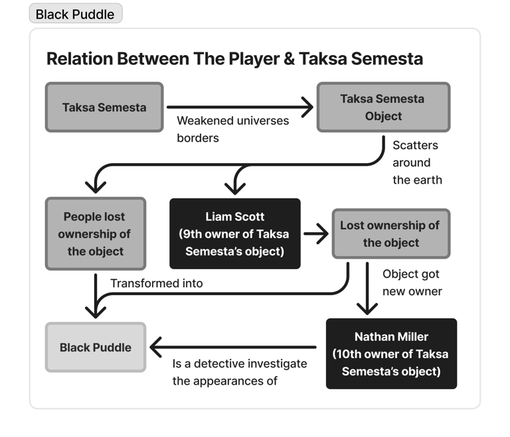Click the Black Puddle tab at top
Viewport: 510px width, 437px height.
(75, 13)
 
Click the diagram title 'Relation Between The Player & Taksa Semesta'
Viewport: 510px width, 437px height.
(234, 58)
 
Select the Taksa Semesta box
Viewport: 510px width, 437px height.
(104, 107)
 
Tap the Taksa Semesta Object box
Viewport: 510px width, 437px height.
(382, 107)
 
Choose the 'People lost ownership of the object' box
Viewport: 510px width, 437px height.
(95, 234)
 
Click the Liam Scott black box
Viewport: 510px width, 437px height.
(234, 234)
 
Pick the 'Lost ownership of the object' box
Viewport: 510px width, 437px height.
(390, 234)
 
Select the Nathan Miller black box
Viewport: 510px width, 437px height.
(391, 354)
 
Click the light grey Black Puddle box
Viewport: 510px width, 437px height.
(95, 347)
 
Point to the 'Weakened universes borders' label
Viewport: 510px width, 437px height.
(232, 129)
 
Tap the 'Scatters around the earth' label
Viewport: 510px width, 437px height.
(416, 162)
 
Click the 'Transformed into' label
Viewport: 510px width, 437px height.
(157, 283)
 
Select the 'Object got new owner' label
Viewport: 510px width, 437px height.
(412, 282)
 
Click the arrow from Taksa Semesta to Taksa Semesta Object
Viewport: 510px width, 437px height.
(239, 106)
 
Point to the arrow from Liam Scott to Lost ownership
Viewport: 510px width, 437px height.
(316, 233)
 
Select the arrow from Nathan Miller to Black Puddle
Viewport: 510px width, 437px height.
(232, 347)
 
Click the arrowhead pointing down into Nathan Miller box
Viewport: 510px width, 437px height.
(367, 306)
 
